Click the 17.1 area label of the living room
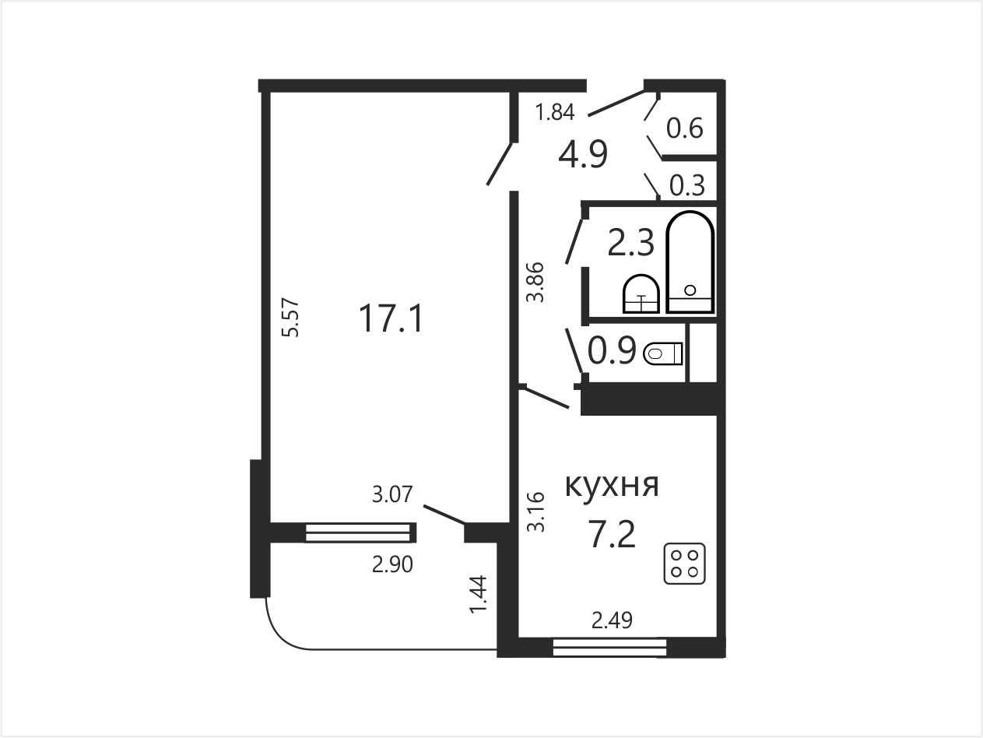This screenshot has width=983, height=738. tap(391, 318)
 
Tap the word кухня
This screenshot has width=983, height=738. tap(612, 485)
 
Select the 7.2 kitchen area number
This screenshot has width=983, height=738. tap(613, 535)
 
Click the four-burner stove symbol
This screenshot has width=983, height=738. tap(684, 564)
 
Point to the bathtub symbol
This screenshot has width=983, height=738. tap(690, 262)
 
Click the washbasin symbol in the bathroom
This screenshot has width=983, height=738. tap(641, 293)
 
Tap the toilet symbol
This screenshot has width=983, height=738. tap(663, 353)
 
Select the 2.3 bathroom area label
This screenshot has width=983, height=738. tap(630, 242)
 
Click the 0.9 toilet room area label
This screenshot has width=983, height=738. tap(612, 350)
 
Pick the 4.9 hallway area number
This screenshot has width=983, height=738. tap(583, 154)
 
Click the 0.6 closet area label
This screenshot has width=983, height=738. tap(685, 128)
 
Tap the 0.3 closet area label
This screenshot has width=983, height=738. tap(687, 185)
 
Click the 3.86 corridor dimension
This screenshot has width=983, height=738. tap(535, 282)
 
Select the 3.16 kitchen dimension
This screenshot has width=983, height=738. tap(535, 512)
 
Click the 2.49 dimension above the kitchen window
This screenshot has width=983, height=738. tap(612, 620)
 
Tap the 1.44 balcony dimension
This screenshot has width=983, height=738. tap(477, 594)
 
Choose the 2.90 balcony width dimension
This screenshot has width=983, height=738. tap(392, 564)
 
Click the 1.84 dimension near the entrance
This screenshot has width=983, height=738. tap(555, 112)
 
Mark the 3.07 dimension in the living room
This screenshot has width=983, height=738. tap(392, 494)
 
